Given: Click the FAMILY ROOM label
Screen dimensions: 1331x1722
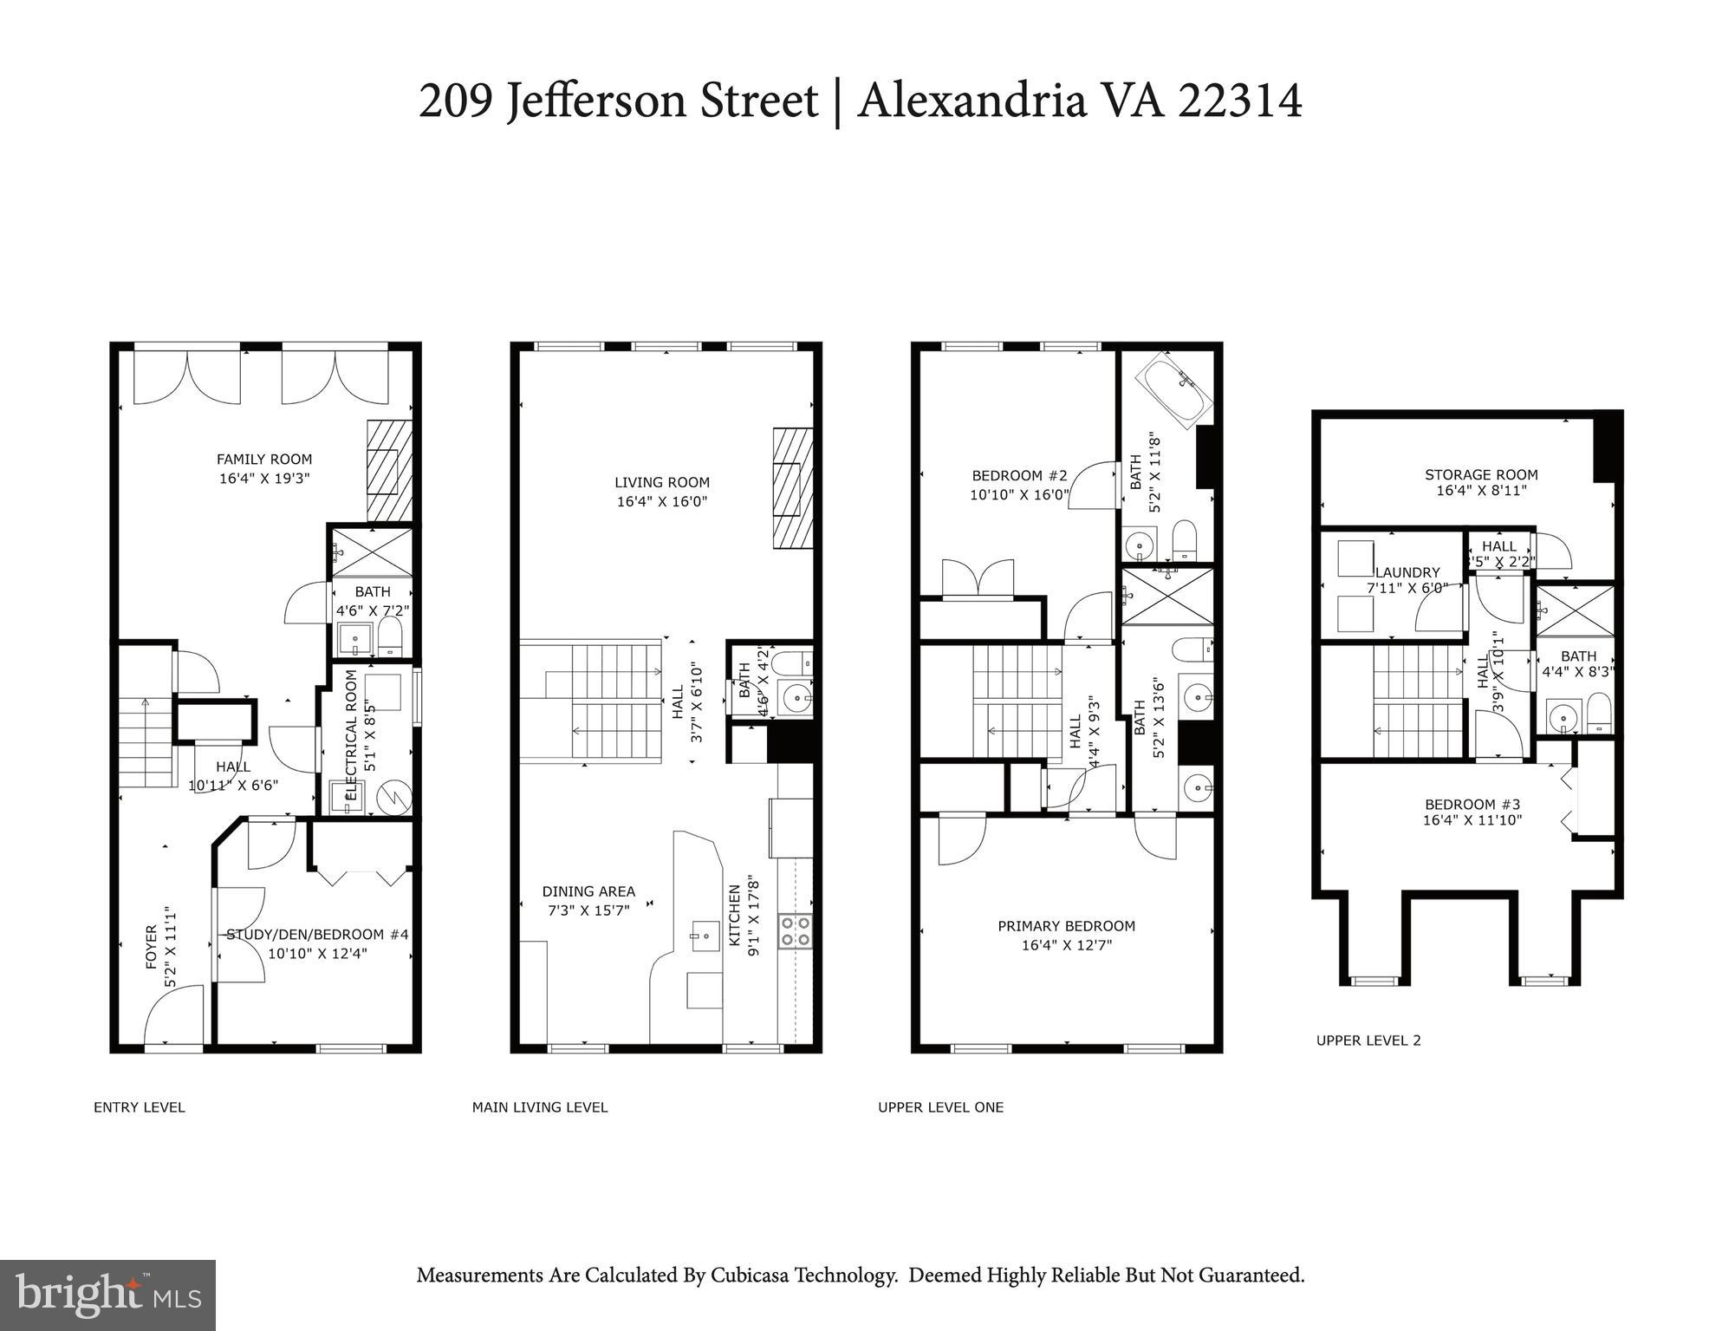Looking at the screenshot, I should (263, 460).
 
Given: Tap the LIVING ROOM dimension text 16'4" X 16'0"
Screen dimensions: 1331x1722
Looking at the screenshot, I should (662, 502).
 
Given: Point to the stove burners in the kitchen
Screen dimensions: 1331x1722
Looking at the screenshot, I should (796, 930).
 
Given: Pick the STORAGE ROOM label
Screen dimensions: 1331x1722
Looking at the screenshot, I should (1481, 474).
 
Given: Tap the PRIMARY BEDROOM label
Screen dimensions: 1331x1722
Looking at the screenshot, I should (1066, 926).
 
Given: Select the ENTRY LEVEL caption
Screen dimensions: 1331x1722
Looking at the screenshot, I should (139, 1107).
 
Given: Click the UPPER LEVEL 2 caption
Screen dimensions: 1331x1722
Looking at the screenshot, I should (1368, 1041).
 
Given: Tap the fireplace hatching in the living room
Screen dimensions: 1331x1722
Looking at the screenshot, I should (792, 488).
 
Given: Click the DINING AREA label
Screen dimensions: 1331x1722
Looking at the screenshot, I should (588, 891).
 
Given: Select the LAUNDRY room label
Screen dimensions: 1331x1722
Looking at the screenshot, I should (1407, 572).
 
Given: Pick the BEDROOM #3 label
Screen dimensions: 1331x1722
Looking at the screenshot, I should (1472, 804).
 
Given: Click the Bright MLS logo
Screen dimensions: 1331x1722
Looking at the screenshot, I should (107, 1295).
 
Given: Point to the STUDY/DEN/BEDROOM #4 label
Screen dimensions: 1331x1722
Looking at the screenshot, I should (317, 935).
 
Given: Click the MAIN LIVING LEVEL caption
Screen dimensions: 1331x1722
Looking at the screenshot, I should (539, 1107).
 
